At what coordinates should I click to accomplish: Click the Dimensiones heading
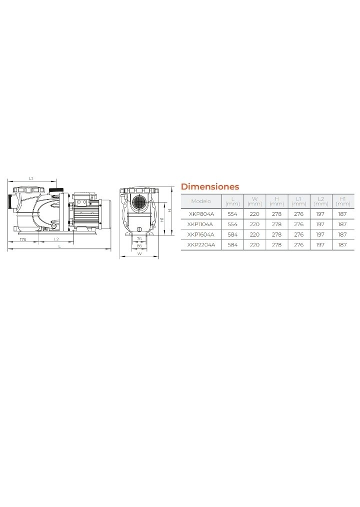tap(210, 186)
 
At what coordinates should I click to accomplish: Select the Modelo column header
tap(201, 201)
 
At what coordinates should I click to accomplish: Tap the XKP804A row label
tap(201, 214)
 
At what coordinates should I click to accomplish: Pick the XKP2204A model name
tap(201, 245)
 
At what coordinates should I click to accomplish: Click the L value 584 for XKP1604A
tap(232, 234)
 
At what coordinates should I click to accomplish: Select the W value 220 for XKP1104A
tap(254, 224)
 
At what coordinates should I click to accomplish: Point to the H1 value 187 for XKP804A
tap(342, 214)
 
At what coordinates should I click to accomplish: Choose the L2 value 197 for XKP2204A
tap(320, 245)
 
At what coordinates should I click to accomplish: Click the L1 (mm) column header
tap(298, 201)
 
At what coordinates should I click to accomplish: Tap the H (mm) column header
tap(276, 201)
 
